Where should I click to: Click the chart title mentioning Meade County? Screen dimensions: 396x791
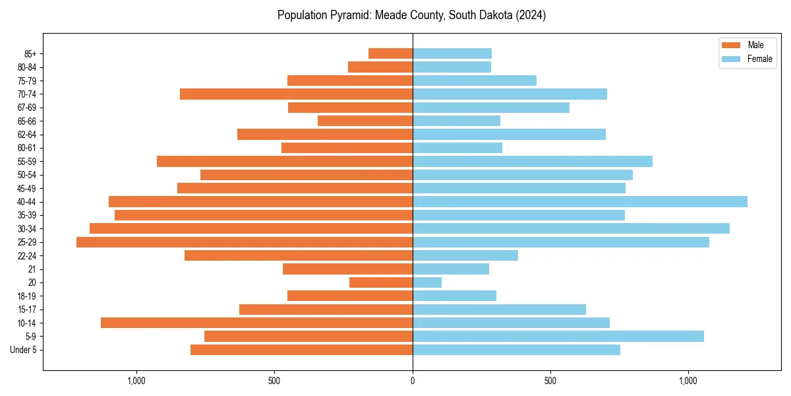pyautogui.click(x=411, y=15)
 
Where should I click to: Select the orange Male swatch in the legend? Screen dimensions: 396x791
pyautogui.click(x=731, y=45)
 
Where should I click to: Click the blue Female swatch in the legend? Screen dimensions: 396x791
pyautogui.click(x=731, y=59)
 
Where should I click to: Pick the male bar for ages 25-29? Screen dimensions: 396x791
pyautogui.click(x=245, y=242)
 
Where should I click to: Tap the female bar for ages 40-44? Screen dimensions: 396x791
pyautogui.click(x=580, y=201)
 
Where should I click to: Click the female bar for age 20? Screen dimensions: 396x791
pyautogui.click(x=427, y=282)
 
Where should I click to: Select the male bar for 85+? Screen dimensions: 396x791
pyautogui.click(x=390, y=53)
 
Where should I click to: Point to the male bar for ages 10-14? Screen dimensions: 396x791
pyautogui.click(x=256, y=323)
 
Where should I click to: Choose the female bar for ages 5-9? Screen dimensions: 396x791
pyautogui.click(x=558, y=336)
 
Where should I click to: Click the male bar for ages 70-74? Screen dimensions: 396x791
pyautogui.click(x=296, y=94)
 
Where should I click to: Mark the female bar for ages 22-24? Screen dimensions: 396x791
pyautogui.click(x=465, y=255)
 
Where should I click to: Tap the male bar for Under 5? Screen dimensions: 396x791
pyautogui.click(x=301, y=350)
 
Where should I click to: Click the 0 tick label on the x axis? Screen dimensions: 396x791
pyautogui.click(x=413, y=381)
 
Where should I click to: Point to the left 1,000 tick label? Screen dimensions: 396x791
pyautogui.click(x=136, y=381)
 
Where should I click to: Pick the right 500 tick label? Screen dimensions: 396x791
pyautogui.click(x=550, y=381)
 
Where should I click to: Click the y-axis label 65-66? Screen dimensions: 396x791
pyautogui.click(x=28, y=121)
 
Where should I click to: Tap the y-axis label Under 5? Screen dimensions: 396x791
pyautogui.click(x=24, y=350)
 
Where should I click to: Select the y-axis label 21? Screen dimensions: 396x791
pyautogui.click(x=32, y=269)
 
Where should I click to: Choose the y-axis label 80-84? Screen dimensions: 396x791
pyautogui.click(x=28, y=67)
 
